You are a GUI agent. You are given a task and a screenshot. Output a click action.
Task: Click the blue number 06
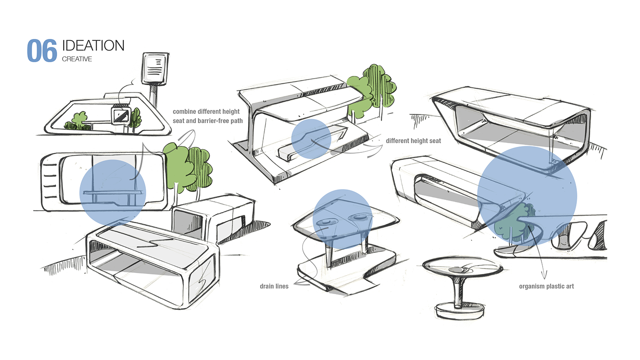(x=42, y=50)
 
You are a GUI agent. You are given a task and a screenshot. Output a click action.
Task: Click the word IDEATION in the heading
(x=93, y=46)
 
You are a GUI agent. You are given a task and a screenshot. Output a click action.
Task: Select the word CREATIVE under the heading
(x=77, y=59)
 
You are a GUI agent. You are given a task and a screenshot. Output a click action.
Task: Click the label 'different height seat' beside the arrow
(x=413, y=141)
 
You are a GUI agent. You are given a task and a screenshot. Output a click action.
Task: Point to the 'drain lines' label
(x=274, y=286)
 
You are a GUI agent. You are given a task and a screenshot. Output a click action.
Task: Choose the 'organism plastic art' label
(x=546, y=286)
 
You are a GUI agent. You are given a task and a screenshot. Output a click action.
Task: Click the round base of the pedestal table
(x=459, y=311)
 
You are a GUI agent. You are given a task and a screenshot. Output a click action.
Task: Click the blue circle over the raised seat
(x=311, y=139)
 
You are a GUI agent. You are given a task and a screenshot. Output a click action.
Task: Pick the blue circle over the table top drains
(x=342, y=219)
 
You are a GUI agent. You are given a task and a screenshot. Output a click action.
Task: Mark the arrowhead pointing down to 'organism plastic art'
(x=544, y=275)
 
